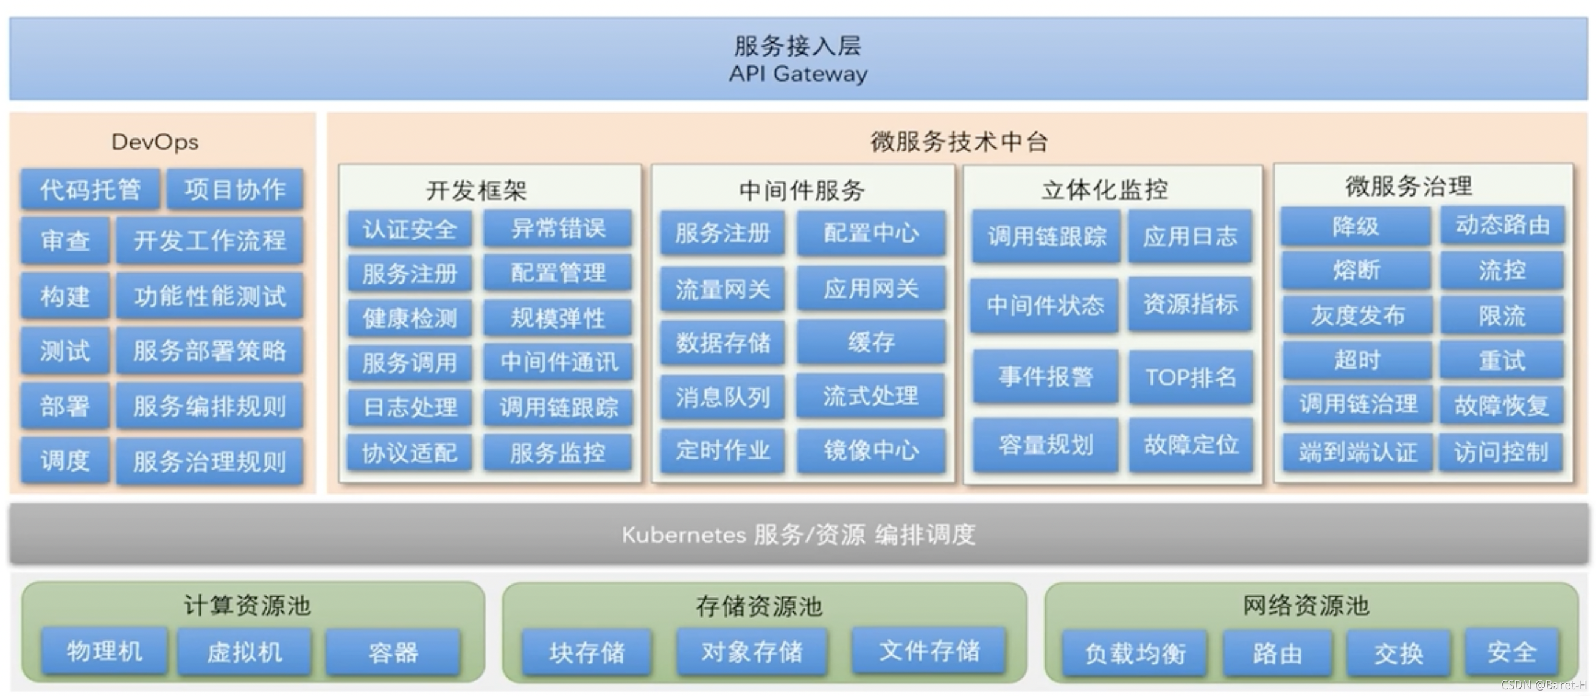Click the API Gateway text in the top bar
click(x=797, y=74)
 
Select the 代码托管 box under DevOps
click(x=91, y=189)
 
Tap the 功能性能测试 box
click(x=209, y=296)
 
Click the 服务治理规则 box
click(x=209, y=461)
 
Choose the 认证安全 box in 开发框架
click(x=410, y=229)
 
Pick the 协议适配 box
click(x=410, y=452)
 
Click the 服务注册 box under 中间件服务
click(x=723, y=233)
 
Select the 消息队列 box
click(x=723, y=397)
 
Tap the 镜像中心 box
click(x=870, y=450)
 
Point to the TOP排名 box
click(x=1190, y=377)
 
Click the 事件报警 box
click(x=1045, y=377)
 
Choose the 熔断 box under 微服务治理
click(x=1356, y=271)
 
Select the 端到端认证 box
click(x=1357, y=453)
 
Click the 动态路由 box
click(x=1502, y=225)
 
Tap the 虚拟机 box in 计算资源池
click(x=244, y=652)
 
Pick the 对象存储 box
click(x=752, y=652)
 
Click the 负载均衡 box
click(x=1135, y=653)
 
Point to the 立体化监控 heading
click(x=1104, y=189)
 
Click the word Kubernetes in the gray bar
click(x=684, y=534)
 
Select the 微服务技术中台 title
click(x=959, y=142)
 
